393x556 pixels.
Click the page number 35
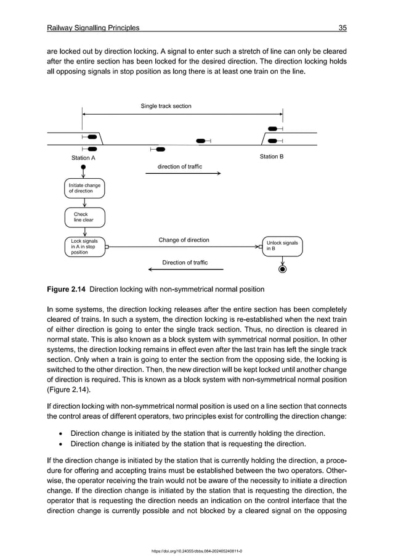342,28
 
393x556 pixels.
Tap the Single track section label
166,106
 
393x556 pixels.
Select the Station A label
84,158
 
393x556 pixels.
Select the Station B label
271,157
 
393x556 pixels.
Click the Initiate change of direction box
84,188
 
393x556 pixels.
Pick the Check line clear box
84,217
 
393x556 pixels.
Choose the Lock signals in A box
84,247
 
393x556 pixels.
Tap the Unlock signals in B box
282,247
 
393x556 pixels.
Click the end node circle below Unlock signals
282,269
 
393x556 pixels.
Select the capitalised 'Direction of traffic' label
185,263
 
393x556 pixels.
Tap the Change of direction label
184,240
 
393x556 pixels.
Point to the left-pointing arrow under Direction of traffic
185,270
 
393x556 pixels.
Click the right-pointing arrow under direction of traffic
183,174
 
